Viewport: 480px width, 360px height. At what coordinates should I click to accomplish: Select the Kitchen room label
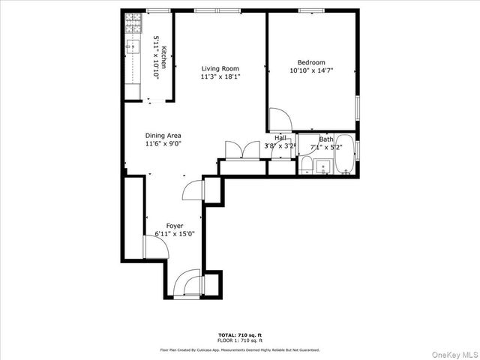163,53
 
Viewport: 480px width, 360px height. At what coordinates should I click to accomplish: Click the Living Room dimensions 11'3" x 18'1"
220,76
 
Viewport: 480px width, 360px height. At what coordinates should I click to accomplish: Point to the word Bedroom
311,62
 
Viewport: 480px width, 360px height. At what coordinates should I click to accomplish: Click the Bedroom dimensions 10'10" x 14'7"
311,70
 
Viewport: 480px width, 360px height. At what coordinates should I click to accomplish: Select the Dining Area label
163,136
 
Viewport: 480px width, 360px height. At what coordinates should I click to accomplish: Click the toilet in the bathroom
306,165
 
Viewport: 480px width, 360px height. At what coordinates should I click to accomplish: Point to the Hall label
280,138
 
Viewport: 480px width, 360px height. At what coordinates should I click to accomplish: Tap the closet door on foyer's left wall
150,245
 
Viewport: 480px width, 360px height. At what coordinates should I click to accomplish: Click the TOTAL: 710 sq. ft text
239,334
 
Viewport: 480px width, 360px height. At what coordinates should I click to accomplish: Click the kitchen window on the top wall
157,10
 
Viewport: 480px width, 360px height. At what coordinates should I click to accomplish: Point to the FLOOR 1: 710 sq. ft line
239,340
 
